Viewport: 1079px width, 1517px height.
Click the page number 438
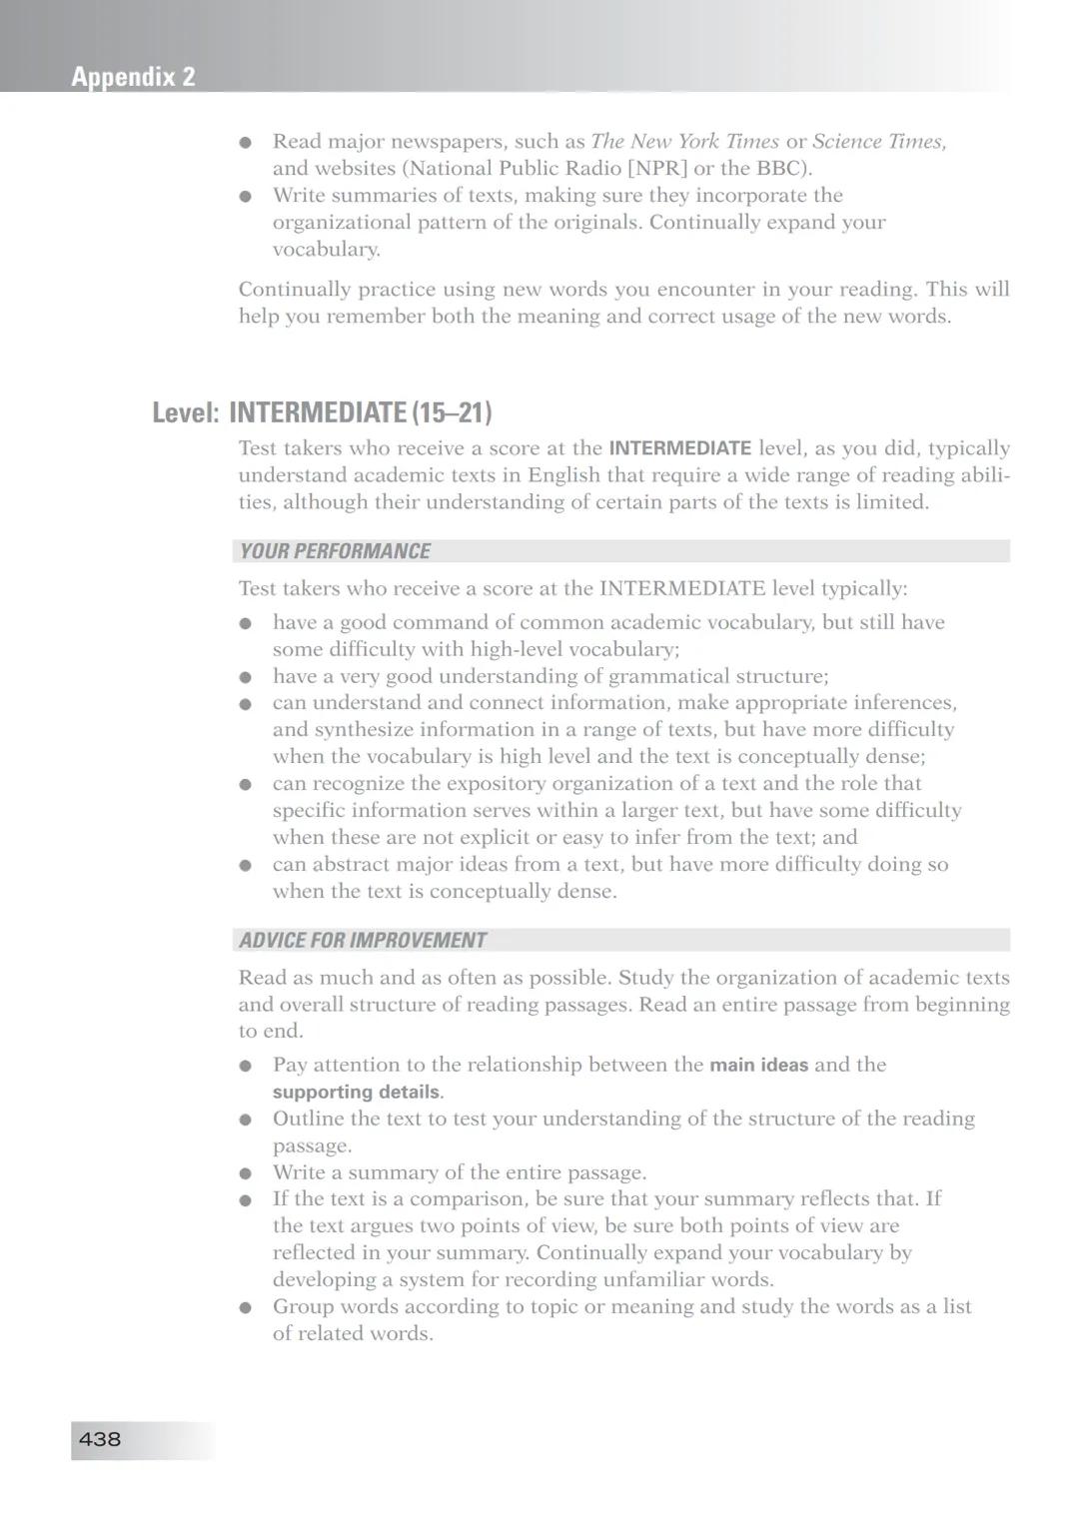click(100, 1439)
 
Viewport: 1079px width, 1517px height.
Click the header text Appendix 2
click(133, 77)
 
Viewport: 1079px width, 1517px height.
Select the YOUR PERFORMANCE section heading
click(335, 551)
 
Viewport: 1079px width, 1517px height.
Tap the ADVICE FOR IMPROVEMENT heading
click(363, 940)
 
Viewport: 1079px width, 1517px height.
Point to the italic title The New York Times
click(684, 142)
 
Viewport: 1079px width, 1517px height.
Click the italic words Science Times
click(878, 142)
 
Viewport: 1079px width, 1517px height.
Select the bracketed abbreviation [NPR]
click(657, 169)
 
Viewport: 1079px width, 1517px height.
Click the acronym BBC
click(781, 169)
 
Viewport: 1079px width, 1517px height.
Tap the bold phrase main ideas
click(758, 1065)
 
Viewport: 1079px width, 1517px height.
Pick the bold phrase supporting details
click(356, 1092)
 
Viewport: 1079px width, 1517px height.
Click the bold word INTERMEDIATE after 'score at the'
click(679, 448)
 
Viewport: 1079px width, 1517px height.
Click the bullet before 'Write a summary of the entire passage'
click(246, 1173)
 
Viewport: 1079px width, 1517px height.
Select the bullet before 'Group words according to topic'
click(246, 1307)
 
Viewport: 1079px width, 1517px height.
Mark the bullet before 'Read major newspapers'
click(246, 143)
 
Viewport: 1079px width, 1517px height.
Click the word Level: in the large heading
click(186, 412)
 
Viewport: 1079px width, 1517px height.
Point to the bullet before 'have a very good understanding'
click(246, 677)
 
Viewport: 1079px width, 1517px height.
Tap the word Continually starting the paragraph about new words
click(295, 290)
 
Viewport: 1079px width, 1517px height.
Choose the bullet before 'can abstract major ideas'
click(246, 866)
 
